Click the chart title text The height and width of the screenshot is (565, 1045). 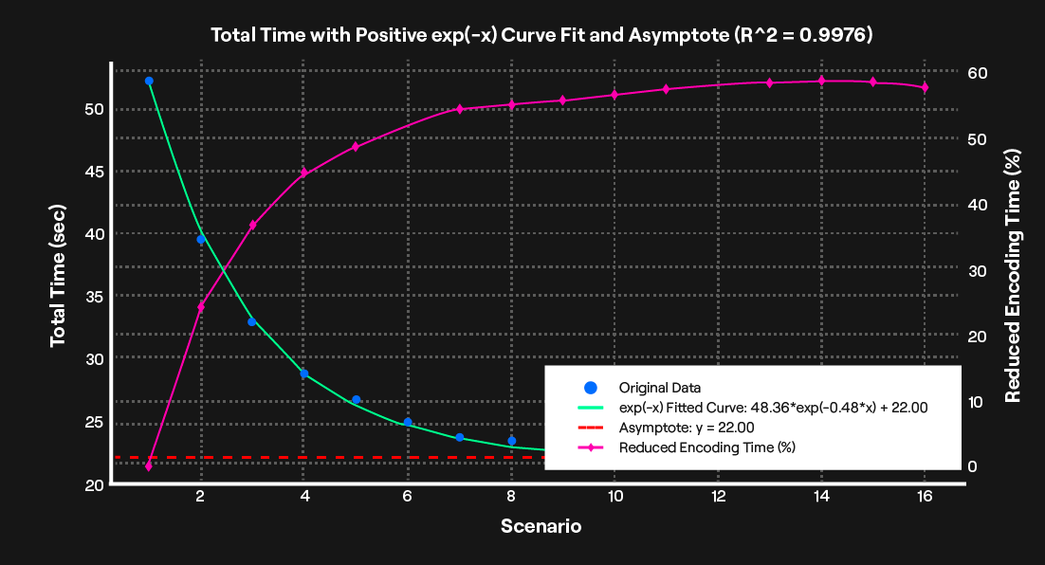pos(541,35)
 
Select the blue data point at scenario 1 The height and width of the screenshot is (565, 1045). pos(149,82)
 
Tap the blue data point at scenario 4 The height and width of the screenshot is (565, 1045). pos(304,374)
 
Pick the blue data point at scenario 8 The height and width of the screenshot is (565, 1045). pos(511,441)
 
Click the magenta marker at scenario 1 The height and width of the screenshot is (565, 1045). pos(149,466)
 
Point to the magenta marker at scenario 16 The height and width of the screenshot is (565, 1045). pos(925,87)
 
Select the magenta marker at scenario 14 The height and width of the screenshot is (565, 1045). pos(821,81)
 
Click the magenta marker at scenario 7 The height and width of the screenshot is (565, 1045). pos(459,109)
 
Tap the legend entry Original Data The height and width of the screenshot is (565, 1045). pos(659,388)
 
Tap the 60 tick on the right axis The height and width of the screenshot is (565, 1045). pos(978,73)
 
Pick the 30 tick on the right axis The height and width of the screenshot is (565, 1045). pos(978,271)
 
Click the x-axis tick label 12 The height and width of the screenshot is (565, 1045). pos(718,497)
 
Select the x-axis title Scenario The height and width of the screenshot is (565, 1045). pos(541,525)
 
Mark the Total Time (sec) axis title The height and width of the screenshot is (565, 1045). pos(59,275)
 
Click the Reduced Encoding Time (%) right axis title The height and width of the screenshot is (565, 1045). pos(1013,275)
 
